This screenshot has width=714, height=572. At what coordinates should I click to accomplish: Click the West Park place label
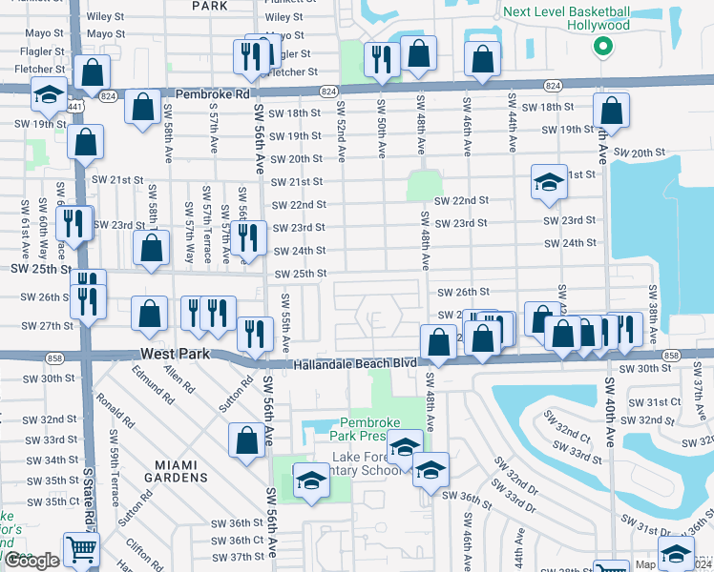[x=174, y=354]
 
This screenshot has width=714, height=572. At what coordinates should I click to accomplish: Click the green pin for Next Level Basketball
[x=602, y=47]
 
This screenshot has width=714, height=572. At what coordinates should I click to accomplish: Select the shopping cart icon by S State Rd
[x=81, y=548]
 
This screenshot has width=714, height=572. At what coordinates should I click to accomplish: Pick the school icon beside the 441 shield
[x=49, y=93]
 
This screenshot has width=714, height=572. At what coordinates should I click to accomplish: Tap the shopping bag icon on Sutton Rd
[x=246, y=439]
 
